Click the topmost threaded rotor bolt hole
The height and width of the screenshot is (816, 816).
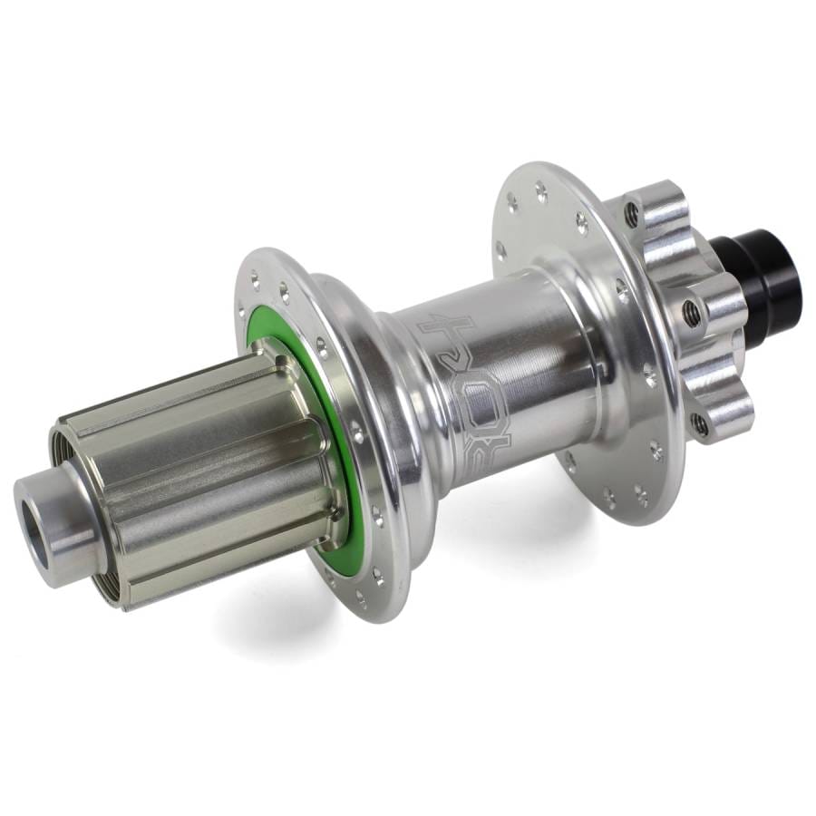click(632, 215)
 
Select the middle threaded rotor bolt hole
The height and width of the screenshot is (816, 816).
click(692, 310)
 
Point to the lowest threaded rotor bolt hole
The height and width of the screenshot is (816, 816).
click(699, 422)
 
